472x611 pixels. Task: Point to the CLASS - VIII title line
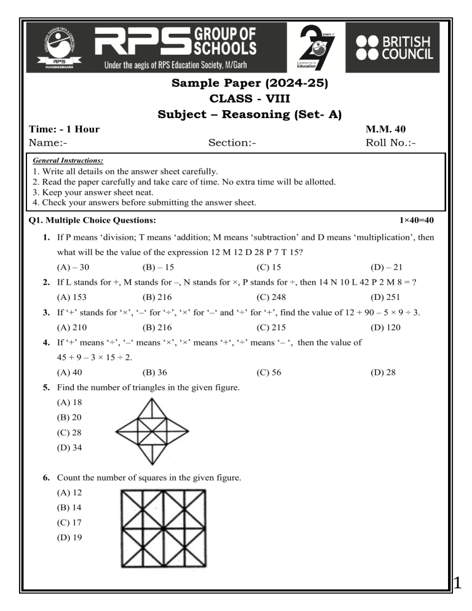(x=235, y=99)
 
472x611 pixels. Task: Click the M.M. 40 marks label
(x=385, y=129)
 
